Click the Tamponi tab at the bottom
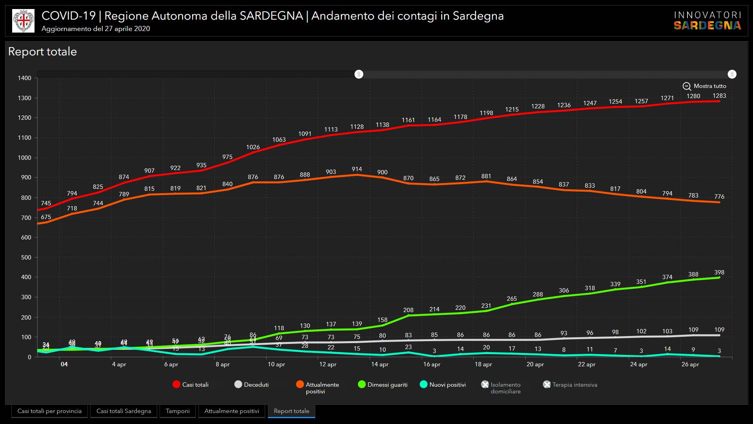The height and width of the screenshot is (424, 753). (x=177, y=411)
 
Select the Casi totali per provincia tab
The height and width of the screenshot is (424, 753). (x=49, y=411)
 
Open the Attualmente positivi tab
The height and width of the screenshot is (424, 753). (x=231, y=411)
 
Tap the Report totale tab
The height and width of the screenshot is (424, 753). (x=291, y=411)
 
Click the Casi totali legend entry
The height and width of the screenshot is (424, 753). (x=191, y=385)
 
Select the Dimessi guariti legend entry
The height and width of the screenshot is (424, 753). (x=383, y=385)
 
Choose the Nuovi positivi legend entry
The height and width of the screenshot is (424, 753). (x=443, y=385)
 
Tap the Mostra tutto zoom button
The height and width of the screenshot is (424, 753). (x=704, y=86)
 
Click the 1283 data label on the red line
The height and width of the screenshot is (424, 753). (x=719, y=96)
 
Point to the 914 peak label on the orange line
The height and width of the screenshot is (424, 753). (x=357, y=169)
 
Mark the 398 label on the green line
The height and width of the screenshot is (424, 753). (x=719, y=272)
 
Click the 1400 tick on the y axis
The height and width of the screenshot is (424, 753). (x=25, y=78)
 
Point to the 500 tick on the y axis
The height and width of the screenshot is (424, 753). (x=26, y=258)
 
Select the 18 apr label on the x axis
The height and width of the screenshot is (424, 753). (x=483, y=364)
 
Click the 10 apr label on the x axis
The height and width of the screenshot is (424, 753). (x=276, y=364)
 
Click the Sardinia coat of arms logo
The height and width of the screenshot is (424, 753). (x=23, y=21)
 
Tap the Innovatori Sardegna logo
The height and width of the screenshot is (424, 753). (x=707, y=21)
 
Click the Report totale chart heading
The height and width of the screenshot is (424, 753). (x=42, y=52)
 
